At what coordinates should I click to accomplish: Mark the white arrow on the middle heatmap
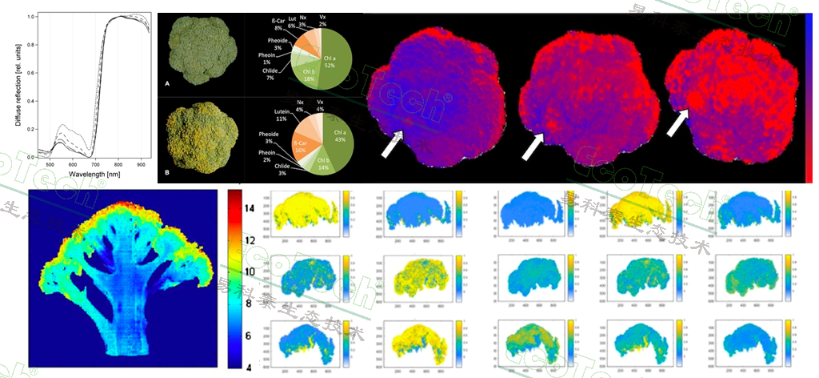point(533,145)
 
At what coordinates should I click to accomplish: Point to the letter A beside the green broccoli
point(167,83)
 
